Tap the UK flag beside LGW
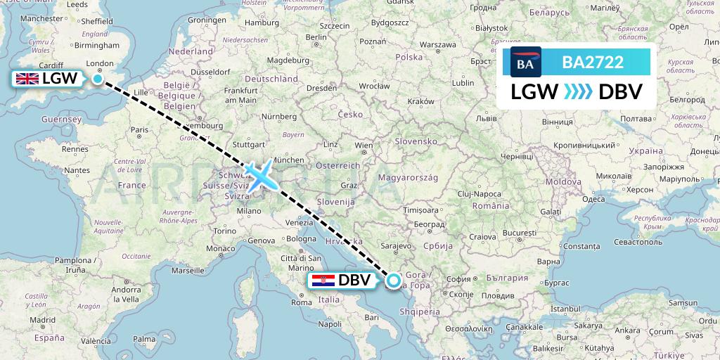27,79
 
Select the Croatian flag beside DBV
323,281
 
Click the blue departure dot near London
97,79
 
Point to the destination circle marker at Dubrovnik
393,281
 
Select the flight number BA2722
593,63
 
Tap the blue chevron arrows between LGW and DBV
579,92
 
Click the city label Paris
139,129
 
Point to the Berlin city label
317,37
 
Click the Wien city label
364,146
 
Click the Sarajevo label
397,246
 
